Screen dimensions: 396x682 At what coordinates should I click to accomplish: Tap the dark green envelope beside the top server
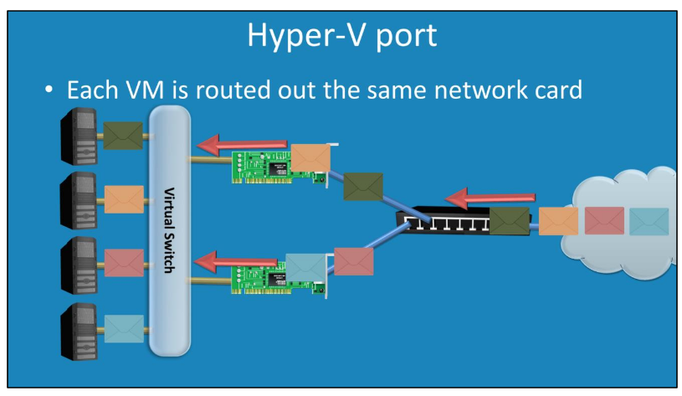(123, 135)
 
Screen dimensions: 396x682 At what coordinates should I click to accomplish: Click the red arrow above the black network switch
(476, 199)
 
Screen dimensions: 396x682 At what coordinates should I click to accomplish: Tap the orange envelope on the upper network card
(310, 157)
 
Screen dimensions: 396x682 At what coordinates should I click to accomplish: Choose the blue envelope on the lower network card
(305, 266)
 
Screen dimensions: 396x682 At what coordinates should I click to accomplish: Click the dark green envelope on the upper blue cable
(362, 186)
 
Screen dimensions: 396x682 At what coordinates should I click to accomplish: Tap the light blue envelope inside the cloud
(649, 221)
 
